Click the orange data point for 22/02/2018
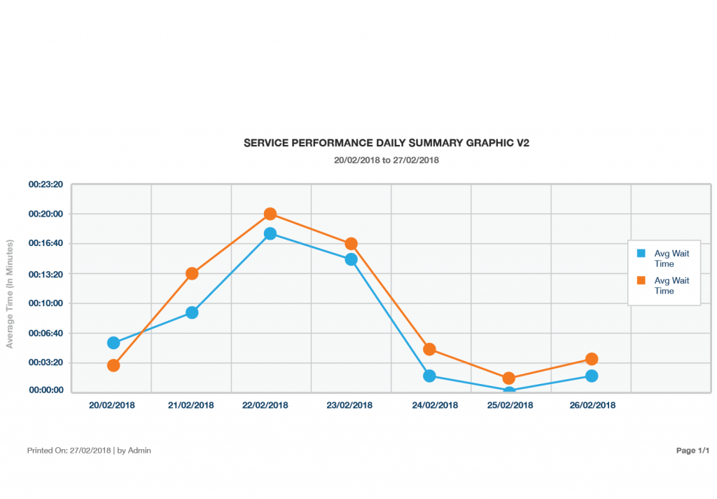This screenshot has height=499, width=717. tap(270, 214)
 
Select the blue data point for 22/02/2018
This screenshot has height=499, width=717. tap(270, 233)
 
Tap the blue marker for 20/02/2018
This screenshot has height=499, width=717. tap(113, 343)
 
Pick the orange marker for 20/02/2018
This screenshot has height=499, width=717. tap(113, 365)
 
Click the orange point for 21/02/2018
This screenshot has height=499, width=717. tap(191, 273)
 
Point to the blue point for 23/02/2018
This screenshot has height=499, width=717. tap(351, 259)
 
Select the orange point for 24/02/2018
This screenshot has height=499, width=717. tap(429, 349)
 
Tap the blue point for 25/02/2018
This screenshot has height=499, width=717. tap(509, 391)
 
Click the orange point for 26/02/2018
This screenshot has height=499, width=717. tap(592, 359)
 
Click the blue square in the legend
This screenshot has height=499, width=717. tap(641, 253)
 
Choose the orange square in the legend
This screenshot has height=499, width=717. tap(641, 280)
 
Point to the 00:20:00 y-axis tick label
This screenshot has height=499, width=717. tap(46, 214)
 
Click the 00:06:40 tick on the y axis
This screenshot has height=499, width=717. tap(46, 333)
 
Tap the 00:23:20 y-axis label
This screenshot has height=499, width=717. tap(46, 184)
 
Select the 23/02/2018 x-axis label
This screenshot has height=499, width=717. tap(351, 405)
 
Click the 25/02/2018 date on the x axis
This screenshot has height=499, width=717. tap(509, 405)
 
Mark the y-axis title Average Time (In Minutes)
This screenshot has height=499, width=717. tap(10, 294)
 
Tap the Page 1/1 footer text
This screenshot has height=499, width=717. tap(692, 451)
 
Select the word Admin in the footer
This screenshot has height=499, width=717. tap(139, 451)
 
